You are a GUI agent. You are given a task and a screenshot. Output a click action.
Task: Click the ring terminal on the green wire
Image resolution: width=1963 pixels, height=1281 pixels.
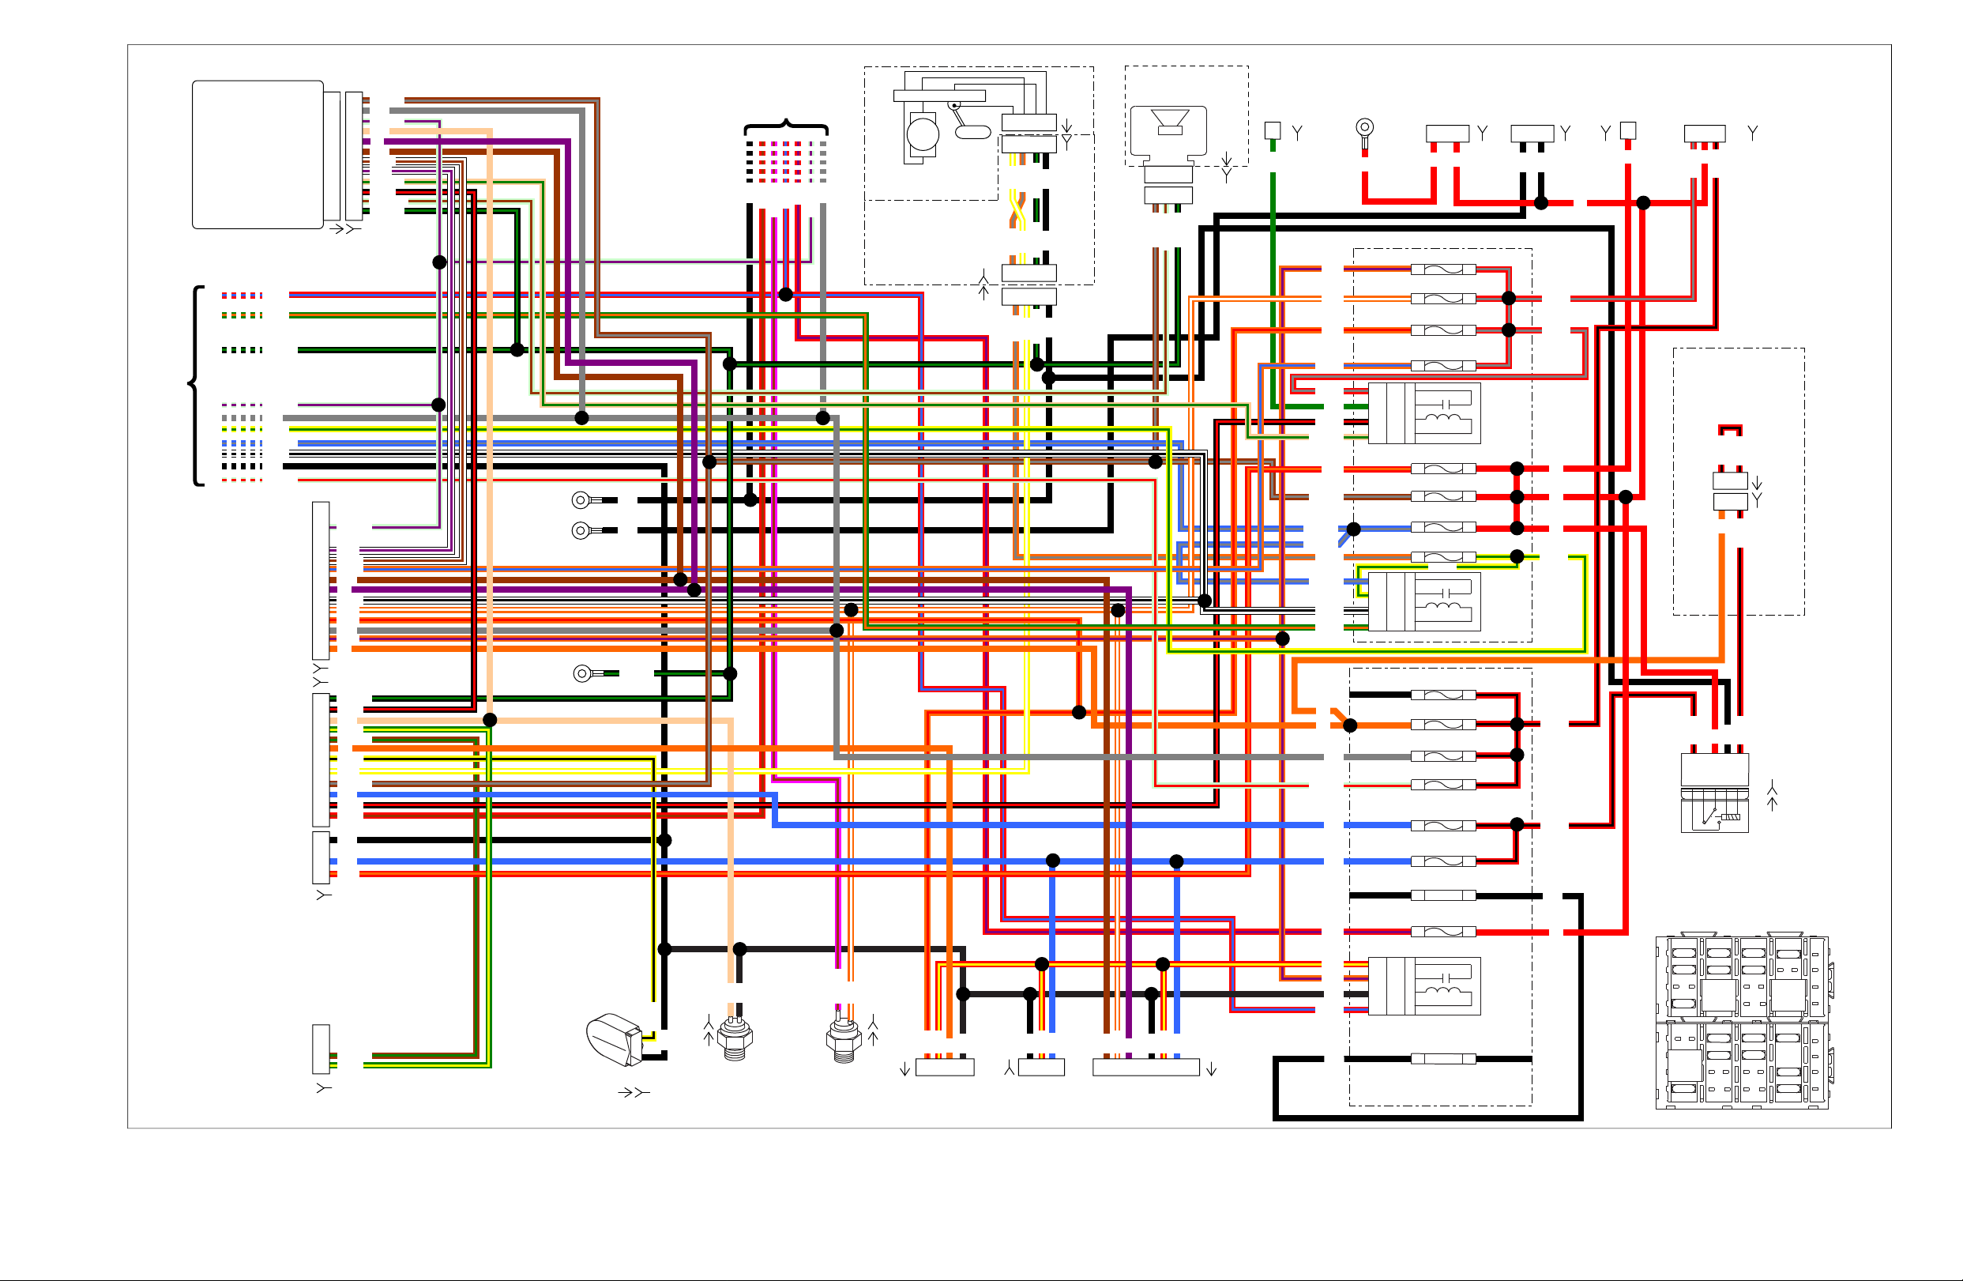tap(582, 674)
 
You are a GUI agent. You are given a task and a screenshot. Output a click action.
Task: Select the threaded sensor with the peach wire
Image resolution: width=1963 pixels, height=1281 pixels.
tap(735, 1038)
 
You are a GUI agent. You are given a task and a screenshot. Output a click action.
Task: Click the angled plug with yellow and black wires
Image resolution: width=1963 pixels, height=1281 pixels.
tap(615, 1039)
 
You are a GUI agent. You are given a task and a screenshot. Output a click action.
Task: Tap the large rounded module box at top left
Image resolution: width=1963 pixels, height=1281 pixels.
tap(258, 154)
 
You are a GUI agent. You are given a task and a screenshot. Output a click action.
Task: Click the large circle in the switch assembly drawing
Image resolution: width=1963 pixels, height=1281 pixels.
tap(923, 134)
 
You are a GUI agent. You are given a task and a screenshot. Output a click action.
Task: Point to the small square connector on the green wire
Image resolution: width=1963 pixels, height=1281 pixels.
tap(1273, 130)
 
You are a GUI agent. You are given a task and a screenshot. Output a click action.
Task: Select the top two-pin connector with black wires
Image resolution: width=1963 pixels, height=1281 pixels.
tap(1532, 133)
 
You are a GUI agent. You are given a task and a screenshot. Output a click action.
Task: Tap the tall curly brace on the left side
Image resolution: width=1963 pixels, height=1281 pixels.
tap(196, 385)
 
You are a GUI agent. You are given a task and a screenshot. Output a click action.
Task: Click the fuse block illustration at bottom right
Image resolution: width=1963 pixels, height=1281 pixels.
tap(1742, 1022)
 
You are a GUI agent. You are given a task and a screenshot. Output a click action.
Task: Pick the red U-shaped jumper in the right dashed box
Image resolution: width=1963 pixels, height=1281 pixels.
tap(1731, 430)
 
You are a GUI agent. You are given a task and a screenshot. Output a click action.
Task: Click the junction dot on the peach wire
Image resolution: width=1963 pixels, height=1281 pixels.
tap(490, 720)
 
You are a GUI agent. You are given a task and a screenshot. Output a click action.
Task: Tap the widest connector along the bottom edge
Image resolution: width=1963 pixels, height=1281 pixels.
tap(1145, 1068)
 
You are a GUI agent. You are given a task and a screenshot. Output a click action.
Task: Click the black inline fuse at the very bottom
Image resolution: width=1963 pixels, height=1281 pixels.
tap(1442, 1059)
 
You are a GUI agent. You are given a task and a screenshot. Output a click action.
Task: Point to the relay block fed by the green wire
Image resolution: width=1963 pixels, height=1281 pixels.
tap(1424, 413)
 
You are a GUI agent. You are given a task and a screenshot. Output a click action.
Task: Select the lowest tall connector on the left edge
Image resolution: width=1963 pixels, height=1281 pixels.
tap(321, 1049)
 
